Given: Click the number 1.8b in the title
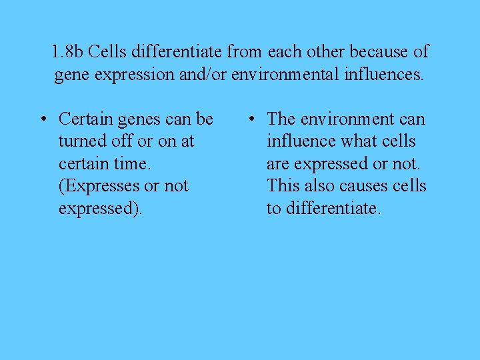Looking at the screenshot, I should [x=67, y=51].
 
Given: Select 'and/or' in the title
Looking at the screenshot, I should [x=203, y=74].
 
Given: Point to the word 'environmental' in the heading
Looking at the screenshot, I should [x=286, y=74].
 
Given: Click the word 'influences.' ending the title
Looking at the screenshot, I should [x=383, y=74].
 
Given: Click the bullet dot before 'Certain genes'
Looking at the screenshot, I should [x=42, y=120].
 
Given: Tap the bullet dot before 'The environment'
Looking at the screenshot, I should [x=251, y=120].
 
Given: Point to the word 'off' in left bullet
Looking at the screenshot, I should [x=121, y=141].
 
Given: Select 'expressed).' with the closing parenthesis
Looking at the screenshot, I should [x=100, y=209].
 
